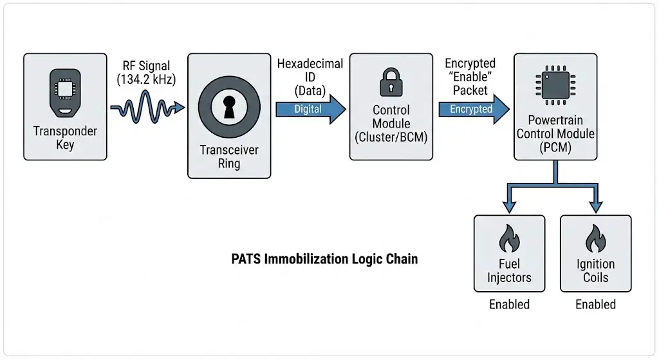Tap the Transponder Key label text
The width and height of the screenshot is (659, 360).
pyautogui.click(x=65, y=138)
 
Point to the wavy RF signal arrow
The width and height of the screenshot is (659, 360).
pyautogui.click(x=147, y=108)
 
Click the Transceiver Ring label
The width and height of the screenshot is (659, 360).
pyautogui.click(x=229, y=156)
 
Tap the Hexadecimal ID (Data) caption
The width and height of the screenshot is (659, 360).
pyautogui.click(x=310, y=78)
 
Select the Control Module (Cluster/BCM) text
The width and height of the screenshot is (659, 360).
pyautogui.click(x=391, y=124)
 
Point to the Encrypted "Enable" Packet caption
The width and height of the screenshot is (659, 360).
pyautogui.click(x=470, y=78)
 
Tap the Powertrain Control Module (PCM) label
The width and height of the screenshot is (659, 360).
pyautogui.click(x=555, y=134)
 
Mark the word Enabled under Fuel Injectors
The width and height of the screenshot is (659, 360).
pyautogui.click(x=509, y=305)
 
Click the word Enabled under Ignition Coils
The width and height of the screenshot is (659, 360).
pyautogui.click(x=595, y=305)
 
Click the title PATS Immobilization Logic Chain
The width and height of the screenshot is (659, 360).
pyautogui.click(x=324, y=260)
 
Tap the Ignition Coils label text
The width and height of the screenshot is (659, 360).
pyautogui.click(x=595, y=271)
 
